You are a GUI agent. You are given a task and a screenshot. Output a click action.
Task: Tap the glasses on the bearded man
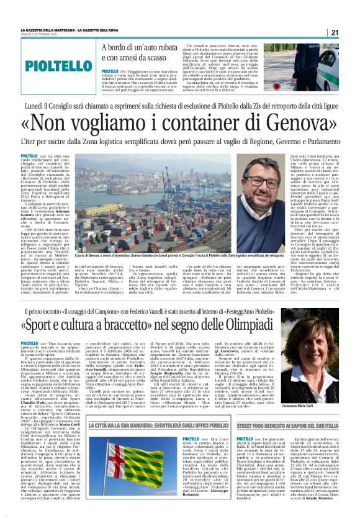(264, 184)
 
